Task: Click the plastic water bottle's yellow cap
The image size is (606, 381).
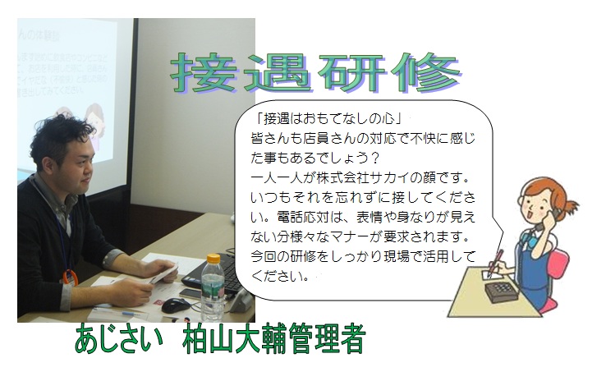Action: pos(213,259)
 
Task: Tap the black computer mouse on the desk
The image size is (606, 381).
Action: pos(176,305)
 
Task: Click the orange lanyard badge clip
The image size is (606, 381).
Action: pos(70,278)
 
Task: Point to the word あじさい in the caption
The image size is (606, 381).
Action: pos(119,339)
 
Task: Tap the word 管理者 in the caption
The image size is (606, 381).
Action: pos(327,339)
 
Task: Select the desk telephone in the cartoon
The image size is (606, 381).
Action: pos(502,291)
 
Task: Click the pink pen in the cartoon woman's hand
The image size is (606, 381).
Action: pos(495,263)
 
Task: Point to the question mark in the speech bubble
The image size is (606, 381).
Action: pos(374,158)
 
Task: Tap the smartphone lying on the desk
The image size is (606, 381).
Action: pos(191,293)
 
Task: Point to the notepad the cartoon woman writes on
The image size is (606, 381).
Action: pos(492,275)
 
